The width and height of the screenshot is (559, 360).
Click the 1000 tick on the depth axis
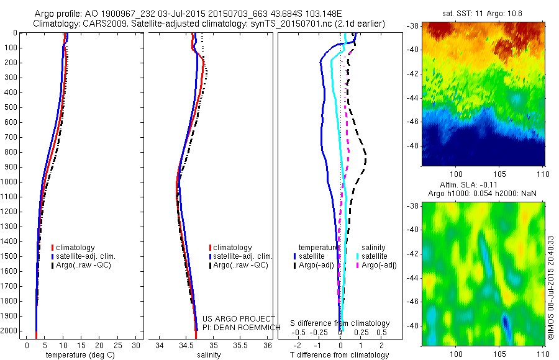click(11, 182)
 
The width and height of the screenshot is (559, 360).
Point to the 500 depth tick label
click(11, 107)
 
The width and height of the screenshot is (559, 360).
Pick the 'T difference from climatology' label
click(340, 355)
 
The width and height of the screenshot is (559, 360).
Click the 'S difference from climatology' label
click(340, 323)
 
